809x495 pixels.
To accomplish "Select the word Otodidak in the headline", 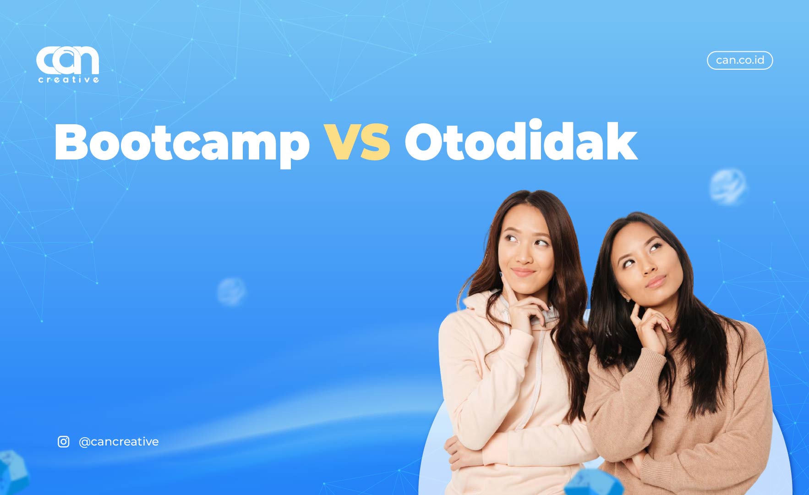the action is pos(521,140).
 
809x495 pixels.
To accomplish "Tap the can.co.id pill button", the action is pos(740,60).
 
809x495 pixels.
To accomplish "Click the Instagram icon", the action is pos(64,441).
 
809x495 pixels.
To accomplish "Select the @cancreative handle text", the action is pos(119,441).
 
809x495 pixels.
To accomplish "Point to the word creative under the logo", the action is pos(68,80).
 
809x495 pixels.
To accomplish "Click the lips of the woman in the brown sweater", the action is pos(656,281).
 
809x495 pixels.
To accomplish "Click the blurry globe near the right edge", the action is pos(727,187).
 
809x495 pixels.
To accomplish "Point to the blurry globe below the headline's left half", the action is pos(231,291).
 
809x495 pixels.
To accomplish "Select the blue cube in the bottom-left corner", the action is pos(12,472).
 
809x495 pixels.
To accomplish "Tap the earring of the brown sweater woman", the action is pos(628,299).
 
